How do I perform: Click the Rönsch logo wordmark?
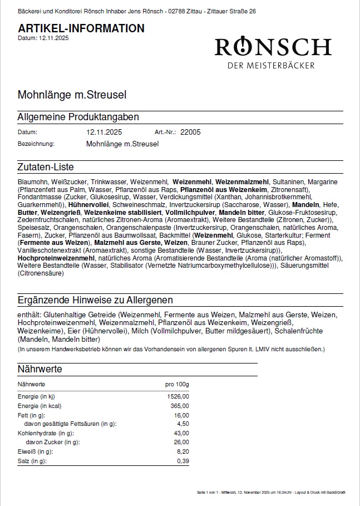pos(273,47)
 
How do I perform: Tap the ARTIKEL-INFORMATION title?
pos(81,28)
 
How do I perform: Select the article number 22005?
pos(190,132)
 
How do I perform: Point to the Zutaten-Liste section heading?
pos(46,167)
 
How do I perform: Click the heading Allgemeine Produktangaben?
pos(78,117)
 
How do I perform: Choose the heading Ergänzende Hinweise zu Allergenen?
pos(95,300)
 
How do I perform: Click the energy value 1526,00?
pos(178,396)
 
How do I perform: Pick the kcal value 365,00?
pos(179,406)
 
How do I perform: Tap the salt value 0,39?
pos(183,461)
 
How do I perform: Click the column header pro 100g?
pos(177,384)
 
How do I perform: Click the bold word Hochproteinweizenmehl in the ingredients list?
pos(56,259)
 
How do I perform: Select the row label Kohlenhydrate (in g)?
pos(46,433)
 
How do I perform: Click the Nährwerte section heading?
pos(40,369)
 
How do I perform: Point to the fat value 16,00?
pos(181,415)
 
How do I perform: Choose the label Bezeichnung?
pos(36,144)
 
